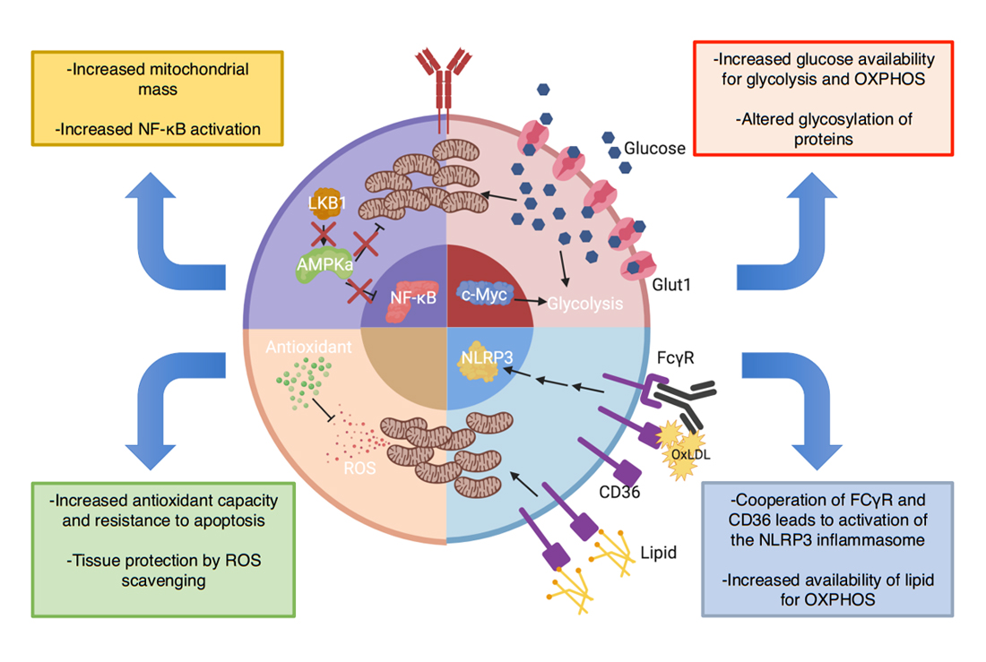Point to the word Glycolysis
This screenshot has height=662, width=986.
pyautogui.click(x=584, y=304)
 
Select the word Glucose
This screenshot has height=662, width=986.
pyautogui.click(x=654, y=148)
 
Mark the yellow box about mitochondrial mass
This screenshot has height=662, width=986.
pyautogui.click(x=158, y=99)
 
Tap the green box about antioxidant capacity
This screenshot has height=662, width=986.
pyautogui.click(x=163, y=548)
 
